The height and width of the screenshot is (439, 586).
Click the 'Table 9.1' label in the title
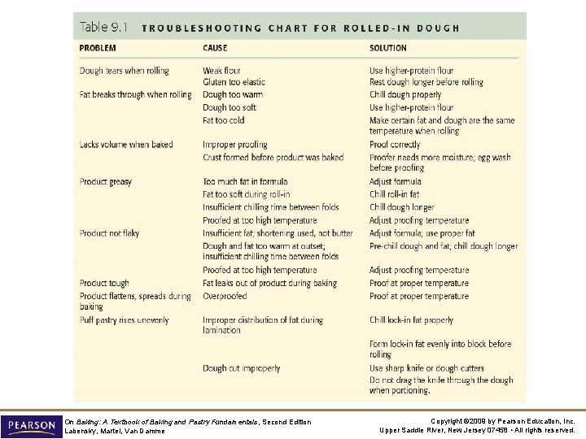click(x=103, y=27)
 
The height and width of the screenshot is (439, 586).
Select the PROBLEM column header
click(x=98, y=49)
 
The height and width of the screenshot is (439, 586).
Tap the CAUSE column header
click(x=215, y=49)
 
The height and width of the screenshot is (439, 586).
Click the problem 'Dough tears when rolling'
click(x=125, y=71)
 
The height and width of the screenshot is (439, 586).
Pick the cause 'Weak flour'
click(x=223, y=71)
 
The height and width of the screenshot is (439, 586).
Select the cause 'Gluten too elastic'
click(x=234, y=82)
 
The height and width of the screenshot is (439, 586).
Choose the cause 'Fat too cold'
click(x=224, y=120)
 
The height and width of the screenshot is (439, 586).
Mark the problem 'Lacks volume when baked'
click(x=126, y=145)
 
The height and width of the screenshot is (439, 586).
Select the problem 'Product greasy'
click(x=106, y=181)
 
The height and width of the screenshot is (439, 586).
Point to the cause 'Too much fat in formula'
click(x=245, y=181)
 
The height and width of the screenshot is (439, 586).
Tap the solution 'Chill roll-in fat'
click(x=395, y=194)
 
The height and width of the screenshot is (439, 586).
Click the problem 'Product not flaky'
click(x=110, y=233)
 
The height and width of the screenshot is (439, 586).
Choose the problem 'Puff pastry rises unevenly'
click(x=125, y=320)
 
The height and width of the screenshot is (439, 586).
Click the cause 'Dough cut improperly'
click(x=242, y=368)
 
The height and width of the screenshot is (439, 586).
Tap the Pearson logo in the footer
click(x=31, y=425)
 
